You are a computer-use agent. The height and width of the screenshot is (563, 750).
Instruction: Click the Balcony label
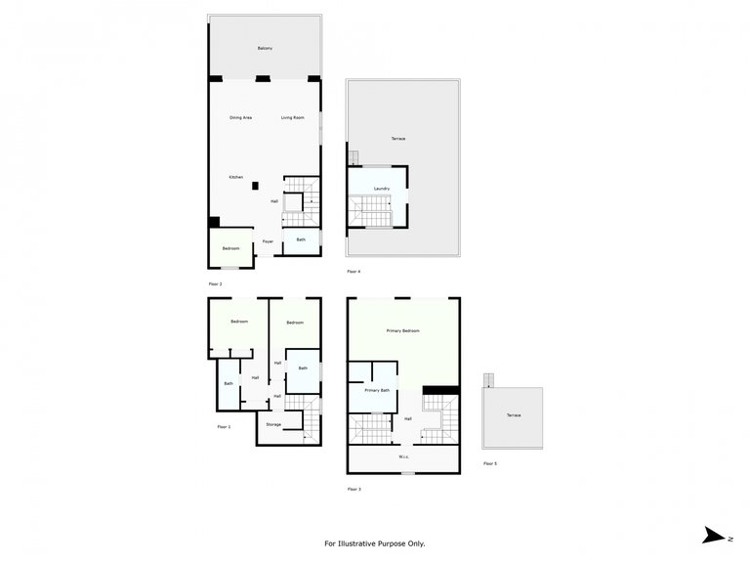265,48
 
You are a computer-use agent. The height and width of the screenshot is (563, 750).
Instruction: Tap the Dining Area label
241,118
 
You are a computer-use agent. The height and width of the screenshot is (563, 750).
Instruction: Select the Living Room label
293,118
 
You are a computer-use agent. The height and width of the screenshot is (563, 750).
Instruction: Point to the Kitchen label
236,177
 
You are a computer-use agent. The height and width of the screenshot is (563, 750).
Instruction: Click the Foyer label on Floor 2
268,241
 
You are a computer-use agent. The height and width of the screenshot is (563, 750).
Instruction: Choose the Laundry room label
382,189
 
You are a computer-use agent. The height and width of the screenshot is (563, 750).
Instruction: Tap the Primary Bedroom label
402,331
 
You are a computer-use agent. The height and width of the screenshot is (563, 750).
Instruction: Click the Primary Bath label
377,390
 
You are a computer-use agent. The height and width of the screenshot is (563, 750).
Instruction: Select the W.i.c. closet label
403,456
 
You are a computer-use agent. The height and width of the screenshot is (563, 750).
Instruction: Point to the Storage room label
274,424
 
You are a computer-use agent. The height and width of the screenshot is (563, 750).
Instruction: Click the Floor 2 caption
215,284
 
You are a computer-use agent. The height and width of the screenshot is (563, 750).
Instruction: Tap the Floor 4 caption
354,271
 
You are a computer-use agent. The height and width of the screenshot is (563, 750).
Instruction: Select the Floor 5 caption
490,463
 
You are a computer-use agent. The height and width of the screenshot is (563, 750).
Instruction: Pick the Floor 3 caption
354,488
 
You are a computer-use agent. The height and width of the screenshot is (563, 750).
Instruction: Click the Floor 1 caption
224,427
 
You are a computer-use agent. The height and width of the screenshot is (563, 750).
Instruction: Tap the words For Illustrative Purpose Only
375,543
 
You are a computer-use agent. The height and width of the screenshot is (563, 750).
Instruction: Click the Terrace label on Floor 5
514,415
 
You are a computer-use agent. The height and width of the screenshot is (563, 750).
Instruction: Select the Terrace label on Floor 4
398,139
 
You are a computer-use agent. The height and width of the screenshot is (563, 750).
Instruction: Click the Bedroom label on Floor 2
230,248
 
